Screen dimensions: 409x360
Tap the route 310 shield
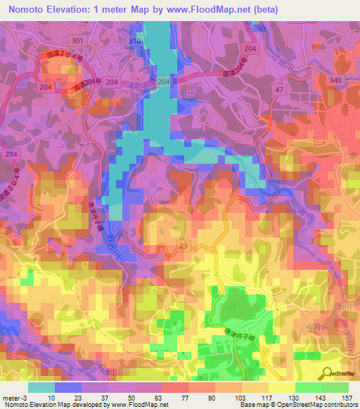click(135, 41)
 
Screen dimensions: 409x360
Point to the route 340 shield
click(336, 82)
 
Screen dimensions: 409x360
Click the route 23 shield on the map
click(184, 245)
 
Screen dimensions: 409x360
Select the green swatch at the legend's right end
click(335, 387)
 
